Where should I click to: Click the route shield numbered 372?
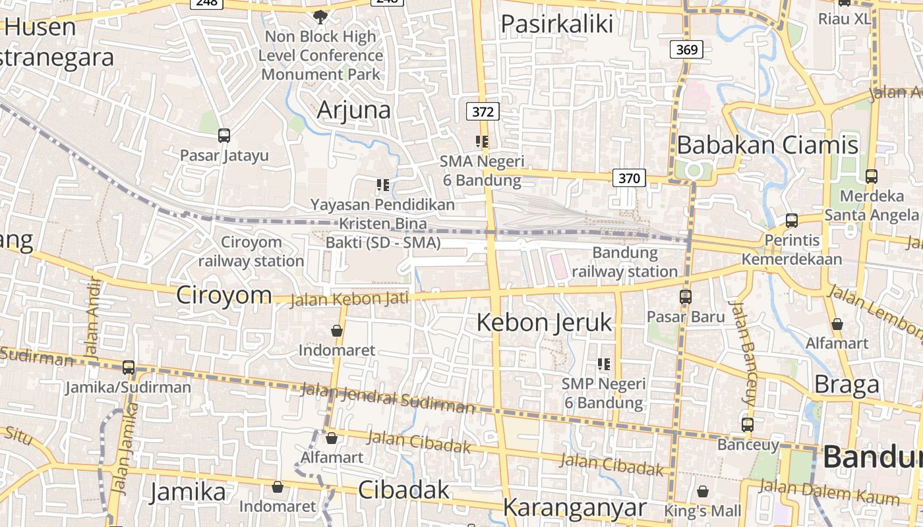483,112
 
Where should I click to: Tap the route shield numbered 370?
629,177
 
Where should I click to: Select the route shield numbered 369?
687,49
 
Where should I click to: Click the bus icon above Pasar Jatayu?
224,136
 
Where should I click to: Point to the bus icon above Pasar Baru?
686,297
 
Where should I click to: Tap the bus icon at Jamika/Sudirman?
129,368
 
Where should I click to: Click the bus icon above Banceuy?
747,425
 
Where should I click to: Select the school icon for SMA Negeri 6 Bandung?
482,142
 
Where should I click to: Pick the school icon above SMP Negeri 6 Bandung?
603,364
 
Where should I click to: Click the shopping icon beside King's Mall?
703,491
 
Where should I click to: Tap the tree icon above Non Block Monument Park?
320,16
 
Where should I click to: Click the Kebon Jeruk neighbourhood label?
544,323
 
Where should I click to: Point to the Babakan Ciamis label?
767,145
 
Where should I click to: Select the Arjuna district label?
353,110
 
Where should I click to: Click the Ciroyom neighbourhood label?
223,294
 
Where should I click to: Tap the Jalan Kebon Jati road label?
349,299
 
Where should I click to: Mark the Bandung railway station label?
624,262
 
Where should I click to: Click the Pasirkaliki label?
557,24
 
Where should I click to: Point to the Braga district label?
847,385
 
